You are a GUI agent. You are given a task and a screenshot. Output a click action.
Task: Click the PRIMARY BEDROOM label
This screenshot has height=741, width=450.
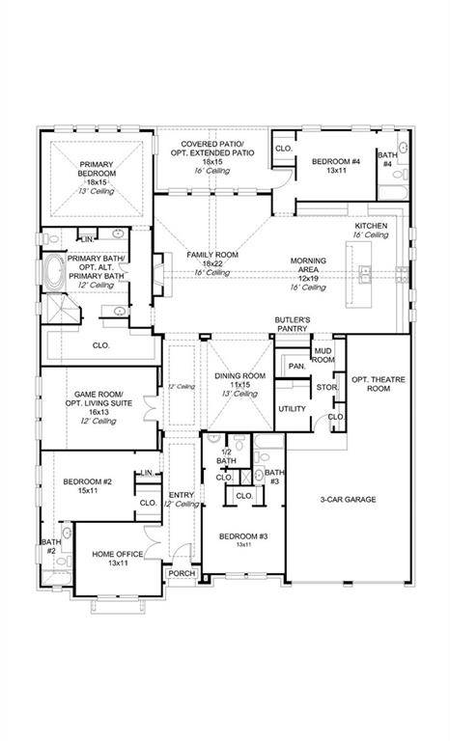pyautogui.click(x=96, y=170)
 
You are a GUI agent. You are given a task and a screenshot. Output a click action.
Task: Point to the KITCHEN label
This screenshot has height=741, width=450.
pyautogui.click(x=371, y=225)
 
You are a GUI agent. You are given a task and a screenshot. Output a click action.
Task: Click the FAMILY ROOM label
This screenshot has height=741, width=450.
pyautogui.click(x=212, y=255)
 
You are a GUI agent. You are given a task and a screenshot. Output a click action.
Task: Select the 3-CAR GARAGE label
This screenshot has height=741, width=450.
pyautogui.click(x=349, y=499)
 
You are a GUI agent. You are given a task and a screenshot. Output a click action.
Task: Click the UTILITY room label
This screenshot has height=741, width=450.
pyautogui.click(x=292, y=409)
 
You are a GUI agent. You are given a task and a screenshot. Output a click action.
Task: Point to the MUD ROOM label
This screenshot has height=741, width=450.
pyautogui.click(x=323, y=355)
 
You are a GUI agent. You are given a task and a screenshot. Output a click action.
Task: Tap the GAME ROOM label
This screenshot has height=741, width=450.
pyautogui.click(x=98, y=395)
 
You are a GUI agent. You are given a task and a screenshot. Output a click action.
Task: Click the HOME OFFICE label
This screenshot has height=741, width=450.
pyautogui.click(x=118, y=554)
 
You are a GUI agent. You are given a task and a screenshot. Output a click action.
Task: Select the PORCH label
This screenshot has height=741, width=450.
pyautogui.click(x=182, y=573)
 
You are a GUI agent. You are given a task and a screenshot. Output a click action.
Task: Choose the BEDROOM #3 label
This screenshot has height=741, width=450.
pyautogui.click(x=242, y=536)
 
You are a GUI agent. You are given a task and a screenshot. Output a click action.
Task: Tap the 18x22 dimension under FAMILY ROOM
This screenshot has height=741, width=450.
pyautogui.click(x=211, y=263)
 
